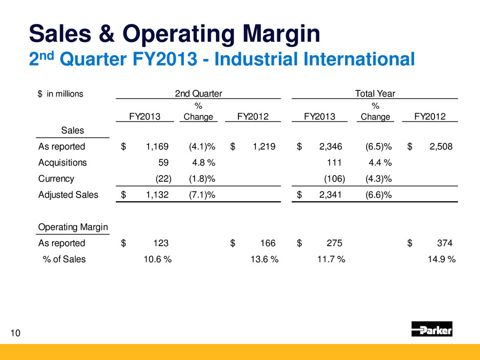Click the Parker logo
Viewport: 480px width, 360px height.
(431, 329)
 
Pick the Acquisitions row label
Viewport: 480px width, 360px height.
(62, 163)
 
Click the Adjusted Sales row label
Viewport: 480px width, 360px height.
(68, 195)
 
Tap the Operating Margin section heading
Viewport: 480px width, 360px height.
(73, 227)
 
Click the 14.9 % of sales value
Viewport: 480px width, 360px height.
(441, 259)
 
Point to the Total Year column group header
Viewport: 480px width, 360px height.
(375, 93)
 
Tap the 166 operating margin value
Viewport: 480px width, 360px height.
(268, 243)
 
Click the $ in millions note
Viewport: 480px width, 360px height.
(60, 93)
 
